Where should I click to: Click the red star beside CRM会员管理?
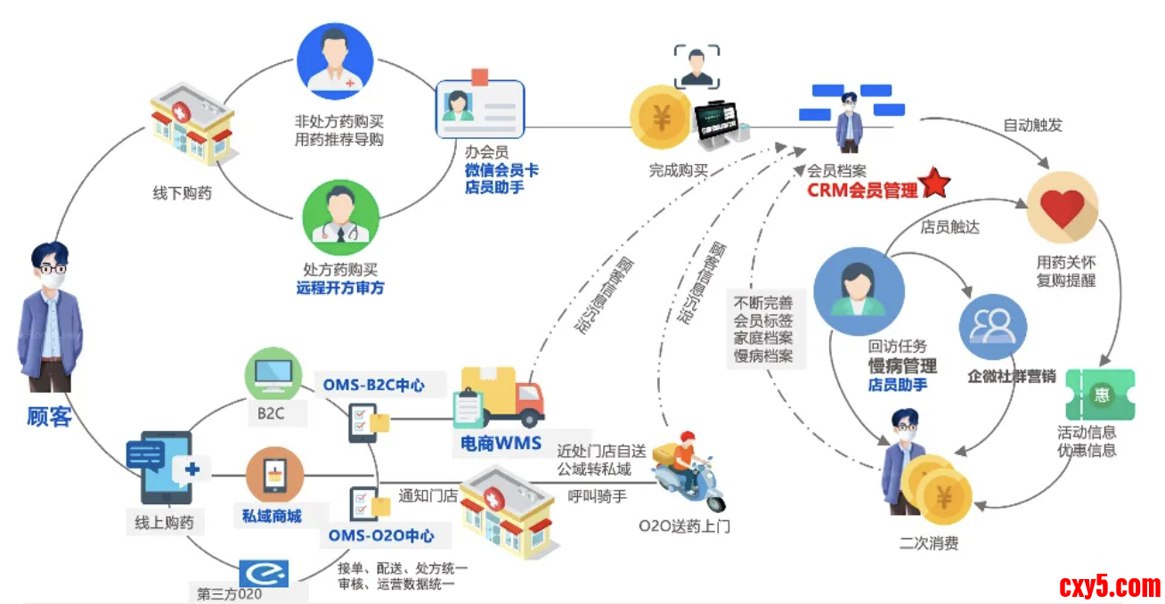point(935,183)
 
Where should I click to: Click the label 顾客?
point(49,416)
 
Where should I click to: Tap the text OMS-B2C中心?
point(373,386)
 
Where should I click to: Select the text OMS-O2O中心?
point(381,535)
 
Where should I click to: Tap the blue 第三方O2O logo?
point(264,571)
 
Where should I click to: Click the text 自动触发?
point(1032,125)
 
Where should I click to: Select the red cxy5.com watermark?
point(1110,587)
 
